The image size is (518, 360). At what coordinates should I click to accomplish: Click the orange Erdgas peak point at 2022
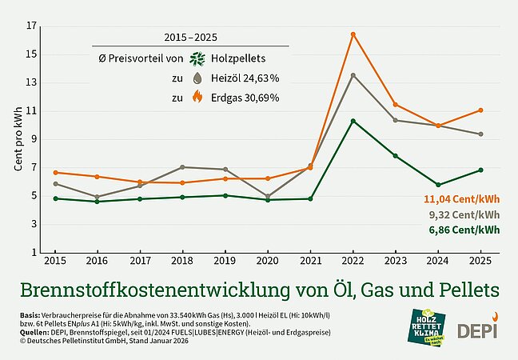(x=353, y=34)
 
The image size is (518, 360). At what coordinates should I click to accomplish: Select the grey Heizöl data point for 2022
(x=353, y=75)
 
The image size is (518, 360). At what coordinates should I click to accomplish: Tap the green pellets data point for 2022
(x=353, y=121)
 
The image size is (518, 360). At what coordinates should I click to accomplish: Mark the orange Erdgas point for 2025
(x=480, y=110)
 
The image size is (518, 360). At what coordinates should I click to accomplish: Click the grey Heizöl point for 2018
(x=183, y=167)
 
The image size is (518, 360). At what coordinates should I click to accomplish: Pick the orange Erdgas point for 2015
(x=55, y=173)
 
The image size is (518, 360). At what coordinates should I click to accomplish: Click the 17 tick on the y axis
(x=32, y=26)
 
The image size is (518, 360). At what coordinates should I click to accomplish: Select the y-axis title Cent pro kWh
(x=18, y=140)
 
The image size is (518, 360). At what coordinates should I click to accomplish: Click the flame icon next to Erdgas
(x=197, y=98)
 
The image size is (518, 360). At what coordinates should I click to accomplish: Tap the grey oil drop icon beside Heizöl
(x=197, y=78)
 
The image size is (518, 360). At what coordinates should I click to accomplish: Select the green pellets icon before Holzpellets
(x=197, y=58)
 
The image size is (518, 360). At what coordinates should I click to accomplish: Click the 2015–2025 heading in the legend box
(x=190, y=37)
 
